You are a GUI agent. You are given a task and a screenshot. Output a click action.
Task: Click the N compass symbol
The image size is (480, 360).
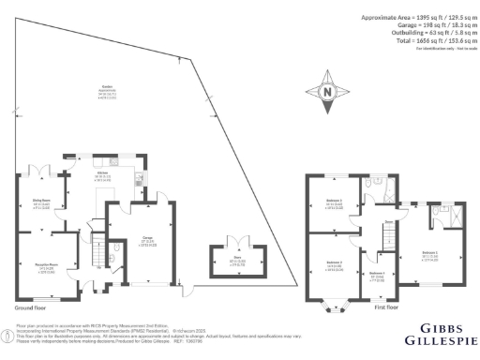pos(326,92)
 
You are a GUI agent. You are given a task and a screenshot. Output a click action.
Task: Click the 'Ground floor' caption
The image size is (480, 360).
pos(33,307)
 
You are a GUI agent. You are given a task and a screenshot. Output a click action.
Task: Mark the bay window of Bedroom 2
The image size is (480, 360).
pos(334,303)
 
